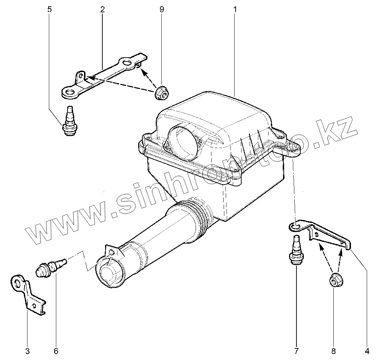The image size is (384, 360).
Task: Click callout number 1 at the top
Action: tap(235, 9)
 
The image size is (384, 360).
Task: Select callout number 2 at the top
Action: tap(102, 9)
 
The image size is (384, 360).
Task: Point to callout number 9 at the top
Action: tap(162, 9)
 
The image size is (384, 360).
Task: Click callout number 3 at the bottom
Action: tap(27, 351)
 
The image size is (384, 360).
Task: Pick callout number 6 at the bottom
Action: tap(56, 351)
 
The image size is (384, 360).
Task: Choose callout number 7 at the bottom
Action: tap(296, 351)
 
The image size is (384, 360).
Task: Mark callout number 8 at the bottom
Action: tap(333, 351)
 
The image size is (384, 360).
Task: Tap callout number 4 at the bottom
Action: tap(367, 351)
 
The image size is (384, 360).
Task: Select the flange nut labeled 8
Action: tap(334, 281)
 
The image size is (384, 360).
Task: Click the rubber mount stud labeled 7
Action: tap(296, 251)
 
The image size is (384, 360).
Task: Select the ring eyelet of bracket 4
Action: tap(296, 226)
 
